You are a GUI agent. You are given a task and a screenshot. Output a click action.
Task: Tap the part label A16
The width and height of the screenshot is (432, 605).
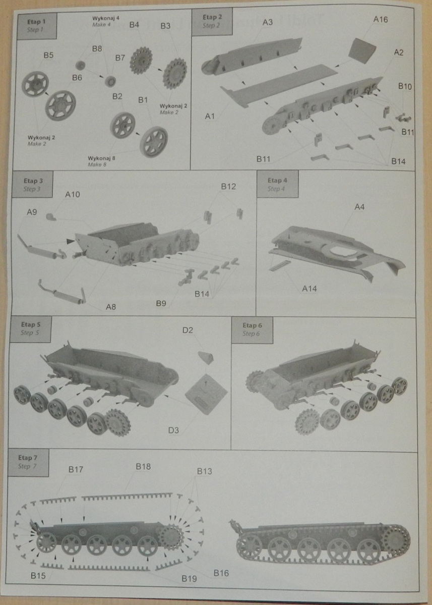point(380,20)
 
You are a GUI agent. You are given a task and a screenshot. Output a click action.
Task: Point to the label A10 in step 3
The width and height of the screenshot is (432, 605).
point(73,195)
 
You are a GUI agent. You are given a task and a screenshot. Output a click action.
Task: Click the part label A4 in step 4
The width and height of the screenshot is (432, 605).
point(359,207)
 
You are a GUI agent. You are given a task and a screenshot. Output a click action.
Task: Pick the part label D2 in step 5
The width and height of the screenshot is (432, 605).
point(188,331)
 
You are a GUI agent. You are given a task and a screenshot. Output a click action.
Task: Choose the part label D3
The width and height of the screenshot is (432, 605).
point(174,430)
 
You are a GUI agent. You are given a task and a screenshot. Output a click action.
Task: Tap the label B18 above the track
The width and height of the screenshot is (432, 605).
point(143,467)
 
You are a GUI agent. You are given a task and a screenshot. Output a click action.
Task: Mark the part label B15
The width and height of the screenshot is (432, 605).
point(38,576)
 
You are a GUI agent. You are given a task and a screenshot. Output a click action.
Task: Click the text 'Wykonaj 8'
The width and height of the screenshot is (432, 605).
point(101,158)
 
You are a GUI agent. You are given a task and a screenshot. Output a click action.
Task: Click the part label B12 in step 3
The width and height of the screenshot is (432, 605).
point(228,187)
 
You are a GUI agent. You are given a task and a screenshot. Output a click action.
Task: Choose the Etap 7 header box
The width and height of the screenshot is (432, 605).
point(29,462)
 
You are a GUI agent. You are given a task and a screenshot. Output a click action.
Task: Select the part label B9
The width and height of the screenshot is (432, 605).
point(161,303)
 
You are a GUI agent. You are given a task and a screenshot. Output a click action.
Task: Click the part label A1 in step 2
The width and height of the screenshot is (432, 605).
point(210,117)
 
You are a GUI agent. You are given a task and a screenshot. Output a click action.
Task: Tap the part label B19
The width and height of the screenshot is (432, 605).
point(190,577)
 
